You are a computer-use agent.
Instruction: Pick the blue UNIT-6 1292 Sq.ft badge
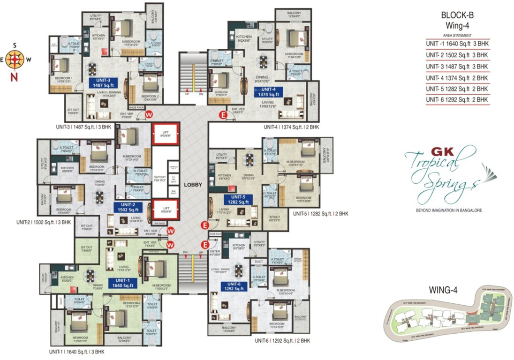234,286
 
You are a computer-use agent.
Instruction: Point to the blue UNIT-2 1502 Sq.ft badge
128,208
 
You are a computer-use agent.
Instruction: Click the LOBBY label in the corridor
193,185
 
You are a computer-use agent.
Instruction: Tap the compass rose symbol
15,60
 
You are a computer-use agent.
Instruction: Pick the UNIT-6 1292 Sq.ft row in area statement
457,99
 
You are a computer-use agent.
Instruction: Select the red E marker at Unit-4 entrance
224,114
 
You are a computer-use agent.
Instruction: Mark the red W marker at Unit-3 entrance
149,114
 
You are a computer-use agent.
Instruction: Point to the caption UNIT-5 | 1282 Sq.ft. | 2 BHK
320,214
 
